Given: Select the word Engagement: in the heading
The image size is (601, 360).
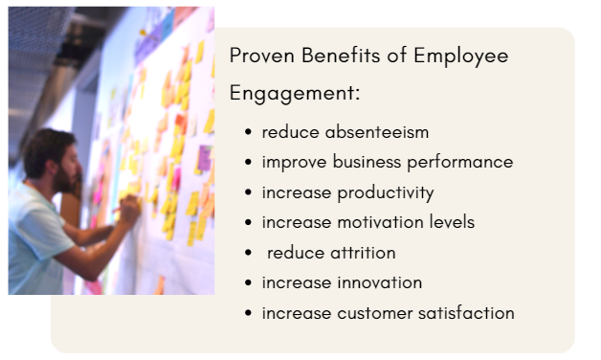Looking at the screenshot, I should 294,96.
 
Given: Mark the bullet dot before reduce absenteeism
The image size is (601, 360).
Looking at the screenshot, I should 249,133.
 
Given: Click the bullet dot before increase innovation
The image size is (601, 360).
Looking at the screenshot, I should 249,283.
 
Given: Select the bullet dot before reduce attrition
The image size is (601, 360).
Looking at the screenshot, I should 249,254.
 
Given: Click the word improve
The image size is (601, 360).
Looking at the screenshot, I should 292,163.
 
